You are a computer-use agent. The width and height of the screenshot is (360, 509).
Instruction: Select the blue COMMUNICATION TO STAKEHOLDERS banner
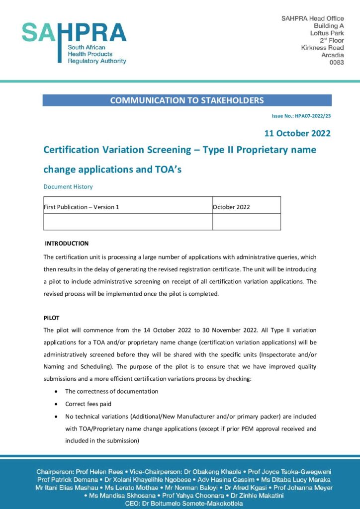[x=187, y=100]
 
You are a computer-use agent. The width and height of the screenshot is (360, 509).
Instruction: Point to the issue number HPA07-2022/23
[x=301, y=116]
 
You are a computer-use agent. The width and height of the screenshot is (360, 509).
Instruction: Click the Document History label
[x=68, y=187]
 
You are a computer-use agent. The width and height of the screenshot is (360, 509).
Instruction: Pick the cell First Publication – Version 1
[x=82, y=207]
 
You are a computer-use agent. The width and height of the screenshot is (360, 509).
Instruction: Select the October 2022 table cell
[x=231, y=207]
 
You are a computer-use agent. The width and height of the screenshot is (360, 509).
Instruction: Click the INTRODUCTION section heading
[x=67, y=244]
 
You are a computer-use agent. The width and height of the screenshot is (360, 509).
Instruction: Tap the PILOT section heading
[x=51, y=318]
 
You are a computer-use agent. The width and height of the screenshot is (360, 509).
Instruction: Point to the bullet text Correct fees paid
[x=88, y=404]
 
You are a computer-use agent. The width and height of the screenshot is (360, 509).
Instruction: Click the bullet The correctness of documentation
[x=111, y=391]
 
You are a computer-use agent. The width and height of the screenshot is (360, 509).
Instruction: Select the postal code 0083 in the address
[x=337, y=63]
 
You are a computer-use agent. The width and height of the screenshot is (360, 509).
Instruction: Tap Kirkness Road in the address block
[x=322, y=48]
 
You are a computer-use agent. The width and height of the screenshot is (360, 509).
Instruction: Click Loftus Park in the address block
[x=327, y=33]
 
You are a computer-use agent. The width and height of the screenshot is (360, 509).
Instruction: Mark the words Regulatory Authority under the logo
[x=97, y=61]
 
